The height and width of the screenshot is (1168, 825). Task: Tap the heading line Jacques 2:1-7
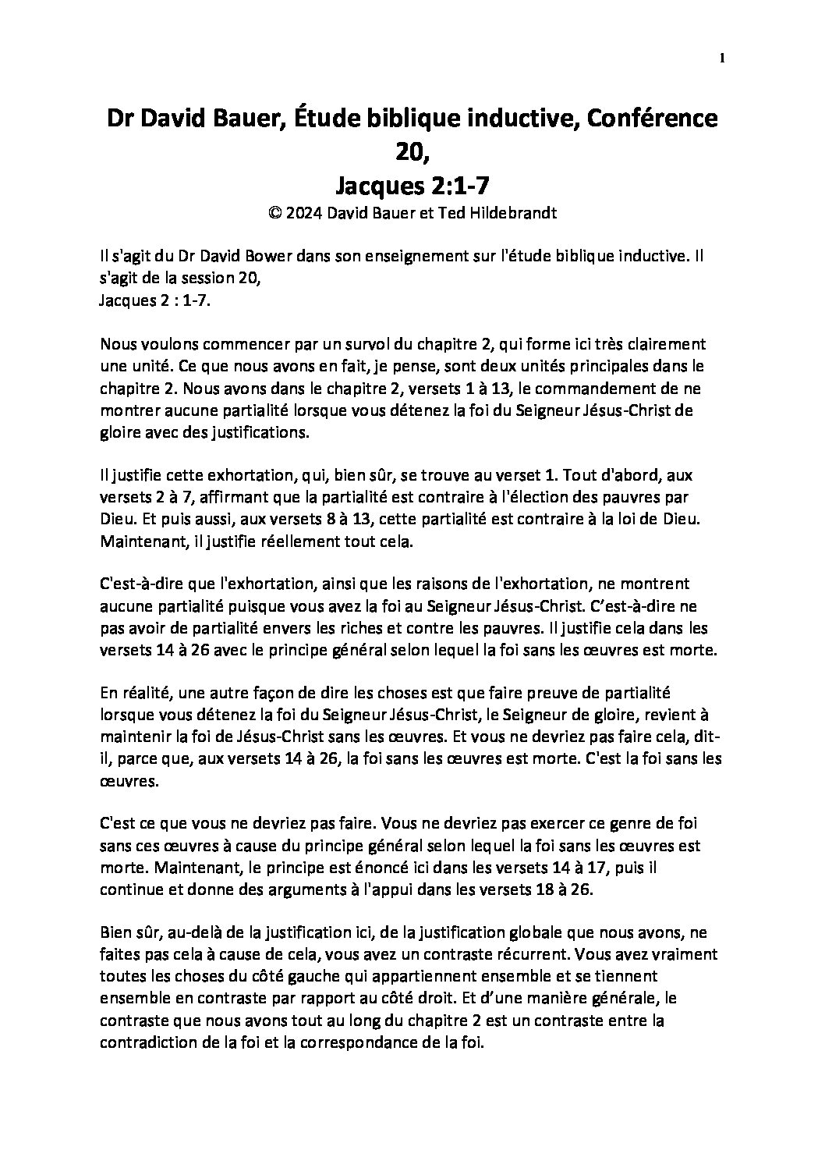pos(412,185)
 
